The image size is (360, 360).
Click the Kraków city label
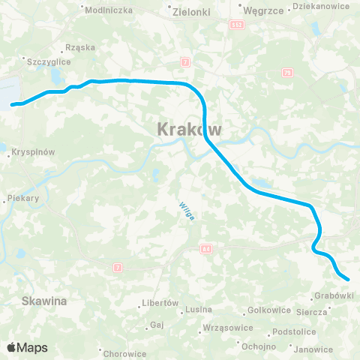click(190, 129)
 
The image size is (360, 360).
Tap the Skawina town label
click(46, 300)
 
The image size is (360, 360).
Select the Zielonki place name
click(191, 12)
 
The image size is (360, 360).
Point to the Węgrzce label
click(261, 10)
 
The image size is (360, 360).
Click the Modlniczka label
click(109, 10)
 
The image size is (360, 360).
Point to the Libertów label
click(160, 304)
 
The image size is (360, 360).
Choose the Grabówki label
click(334, 295)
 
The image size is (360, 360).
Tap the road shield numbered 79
click(288, 73)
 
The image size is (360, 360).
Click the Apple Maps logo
click(27, 347)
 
